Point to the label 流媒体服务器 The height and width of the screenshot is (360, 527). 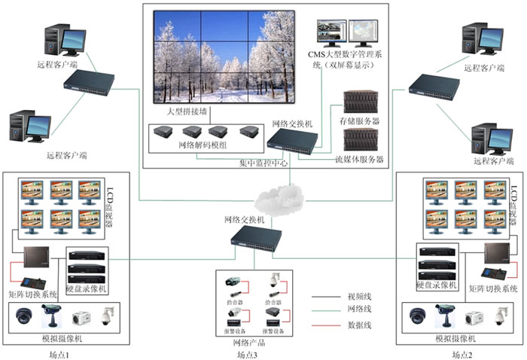359,159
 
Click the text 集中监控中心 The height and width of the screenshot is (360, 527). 263,163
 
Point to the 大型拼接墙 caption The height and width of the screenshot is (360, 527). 185,111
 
